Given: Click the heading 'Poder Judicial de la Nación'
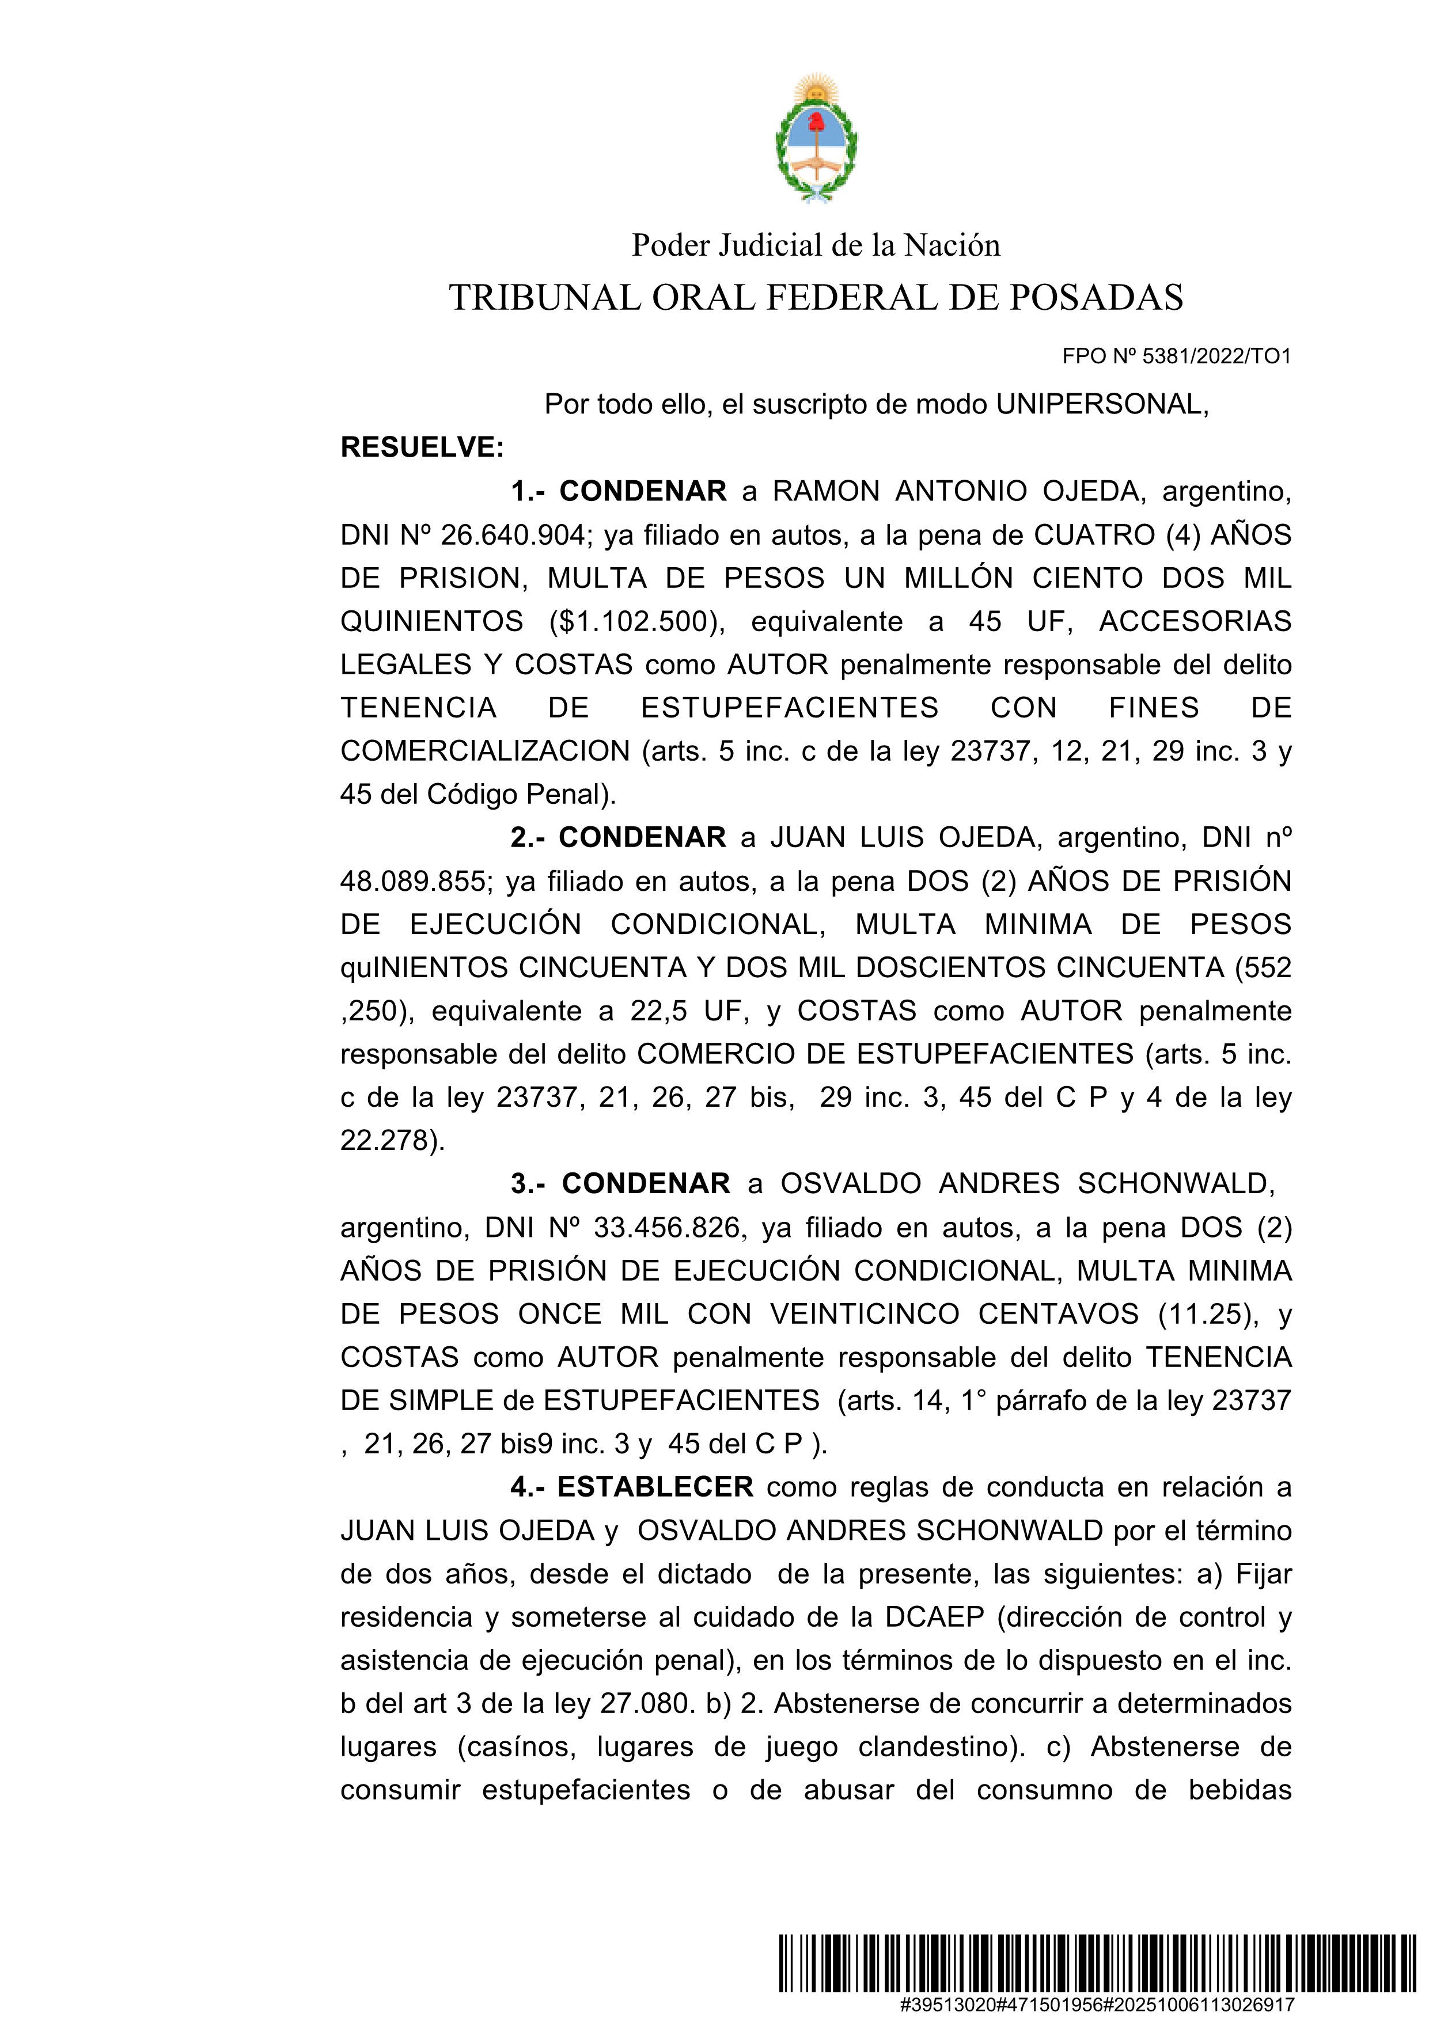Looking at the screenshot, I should pyautogui.click(x=816, y=245).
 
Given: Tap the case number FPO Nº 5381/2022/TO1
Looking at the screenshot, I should pyautogui.click(x=1177, y=356).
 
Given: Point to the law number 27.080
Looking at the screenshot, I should pyautogui.click(x=647, y=1704).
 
